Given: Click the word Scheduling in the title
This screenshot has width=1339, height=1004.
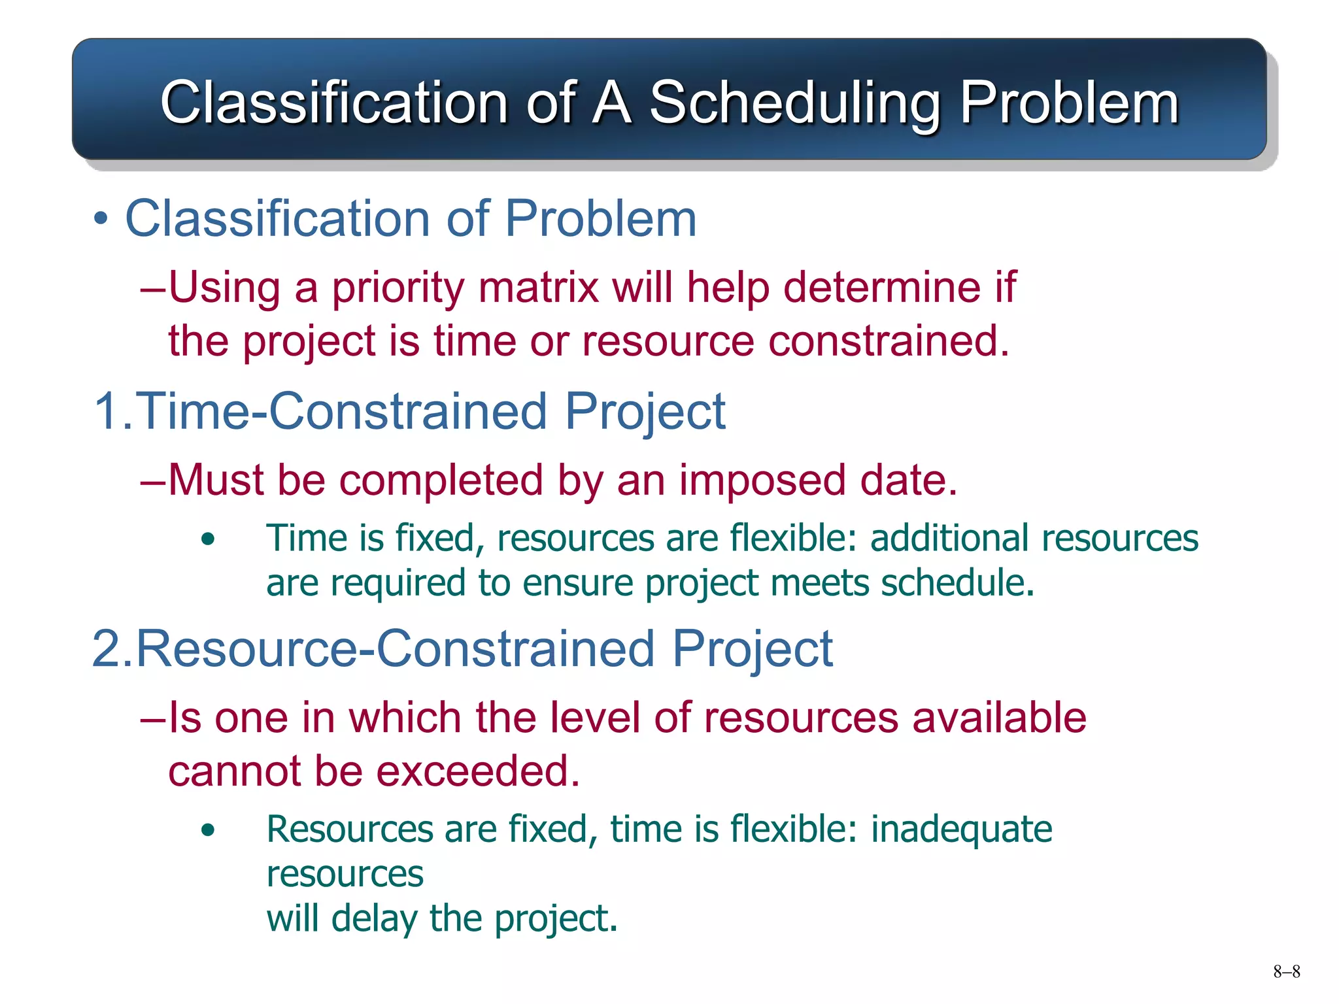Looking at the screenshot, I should (x=794, y=103).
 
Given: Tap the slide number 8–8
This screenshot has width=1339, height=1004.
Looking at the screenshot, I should (x=1286, y=971).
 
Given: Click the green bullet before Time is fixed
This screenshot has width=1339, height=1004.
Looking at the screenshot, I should (x=208, y=540).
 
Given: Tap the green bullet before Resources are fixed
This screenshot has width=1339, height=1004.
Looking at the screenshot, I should (x=208, y=831).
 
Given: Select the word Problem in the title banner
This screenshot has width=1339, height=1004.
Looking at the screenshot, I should (x=1068, y=103).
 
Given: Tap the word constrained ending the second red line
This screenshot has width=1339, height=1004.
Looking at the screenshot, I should (x=888, y=341).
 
